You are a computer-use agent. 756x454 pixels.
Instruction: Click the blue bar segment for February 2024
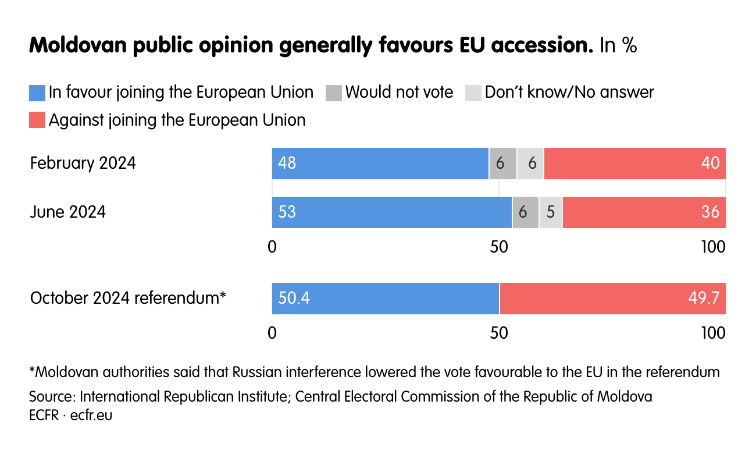pos(380,164)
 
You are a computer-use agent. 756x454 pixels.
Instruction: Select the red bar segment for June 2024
pos(644,212)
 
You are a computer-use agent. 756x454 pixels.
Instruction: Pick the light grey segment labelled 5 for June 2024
pos(550,212)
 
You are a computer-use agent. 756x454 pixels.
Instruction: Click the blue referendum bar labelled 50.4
pos(386,299)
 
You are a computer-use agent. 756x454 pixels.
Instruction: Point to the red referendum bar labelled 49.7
pos(612,299)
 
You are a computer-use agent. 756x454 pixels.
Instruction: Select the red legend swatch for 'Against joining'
pos(37,120)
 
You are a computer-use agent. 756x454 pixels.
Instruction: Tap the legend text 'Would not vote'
pos(399,93)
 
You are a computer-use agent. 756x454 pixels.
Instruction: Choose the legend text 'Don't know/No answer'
pos(569,93)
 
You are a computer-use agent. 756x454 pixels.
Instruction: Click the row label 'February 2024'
pos(83,164)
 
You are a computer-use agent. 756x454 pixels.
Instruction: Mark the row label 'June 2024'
pos(68,212)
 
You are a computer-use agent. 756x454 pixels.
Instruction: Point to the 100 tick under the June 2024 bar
pos(713,247)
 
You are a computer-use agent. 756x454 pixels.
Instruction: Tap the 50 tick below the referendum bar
pos(499,333)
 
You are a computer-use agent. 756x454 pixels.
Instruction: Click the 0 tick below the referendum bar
pos(272,333)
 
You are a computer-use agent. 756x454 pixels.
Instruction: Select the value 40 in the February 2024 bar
pos(710,164)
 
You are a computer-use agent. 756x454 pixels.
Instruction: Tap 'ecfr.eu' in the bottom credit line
pos(91,416)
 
